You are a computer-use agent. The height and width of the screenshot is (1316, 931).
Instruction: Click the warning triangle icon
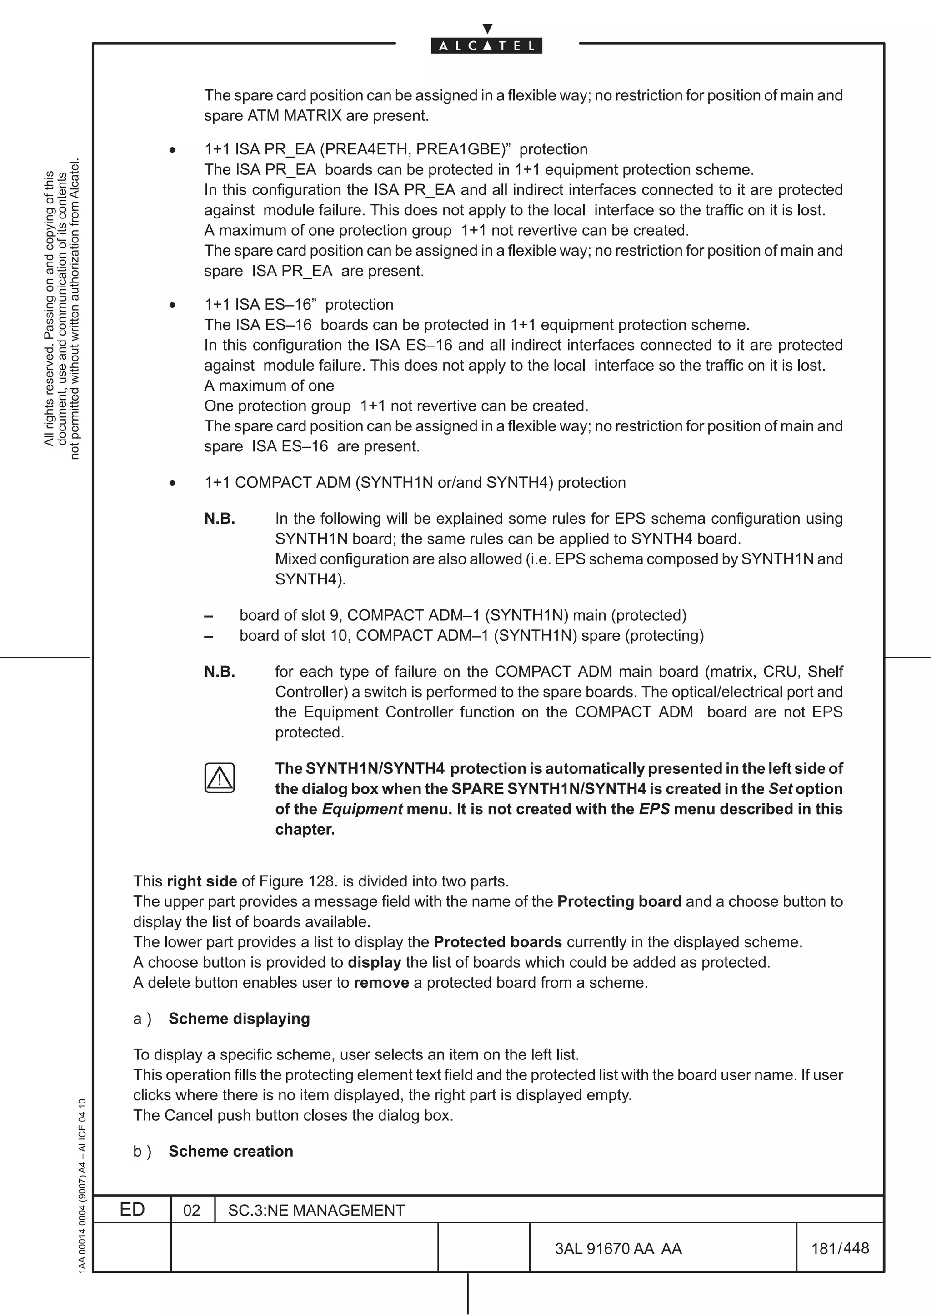coord(219,778)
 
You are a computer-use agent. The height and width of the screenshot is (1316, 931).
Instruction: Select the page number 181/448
coord(840,1248)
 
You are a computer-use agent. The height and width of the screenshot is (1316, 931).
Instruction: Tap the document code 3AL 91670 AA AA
coord(618,1248)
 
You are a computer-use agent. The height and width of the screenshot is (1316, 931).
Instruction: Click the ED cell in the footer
coord(132,1209)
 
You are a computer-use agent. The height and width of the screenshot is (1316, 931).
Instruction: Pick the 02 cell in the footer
coord(191,1210)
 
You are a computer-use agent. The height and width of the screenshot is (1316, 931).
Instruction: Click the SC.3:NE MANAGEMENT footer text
coord(316,1210)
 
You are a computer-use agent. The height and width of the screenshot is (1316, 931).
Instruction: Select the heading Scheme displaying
coord(239,1018)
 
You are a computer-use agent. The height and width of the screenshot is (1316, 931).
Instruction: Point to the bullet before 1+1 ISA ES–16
coord(172,305)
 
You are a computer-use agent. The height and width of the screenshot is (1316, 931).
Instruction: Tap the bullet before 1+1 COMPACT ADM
coord(172,483)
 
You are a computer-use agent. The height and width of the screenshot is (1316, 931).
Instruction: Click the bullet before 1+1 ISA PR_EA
coord(172,150)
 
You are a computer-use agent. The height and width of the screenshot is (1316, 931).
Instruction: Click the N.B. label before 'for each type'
coord(220,671)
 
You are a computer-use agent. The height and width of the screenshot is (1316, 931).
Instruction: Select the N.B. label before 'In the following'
coord(220,518)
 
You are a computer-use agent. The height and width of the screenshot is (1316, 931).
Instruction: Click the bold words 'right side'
coord(202,881)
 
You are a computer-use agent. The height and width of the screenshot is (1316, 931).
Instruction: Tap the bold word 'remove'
coord(381,982)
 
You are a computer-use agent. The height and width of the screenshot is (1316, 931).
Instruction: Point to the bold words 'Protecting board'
coord(619,901)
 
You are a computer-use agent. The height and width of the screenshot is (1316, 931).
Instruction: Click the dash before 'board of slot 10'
coord(209,636)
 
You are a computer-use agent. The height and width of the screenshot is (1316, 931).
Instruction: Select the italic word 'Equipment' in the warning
coord(362,809)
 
